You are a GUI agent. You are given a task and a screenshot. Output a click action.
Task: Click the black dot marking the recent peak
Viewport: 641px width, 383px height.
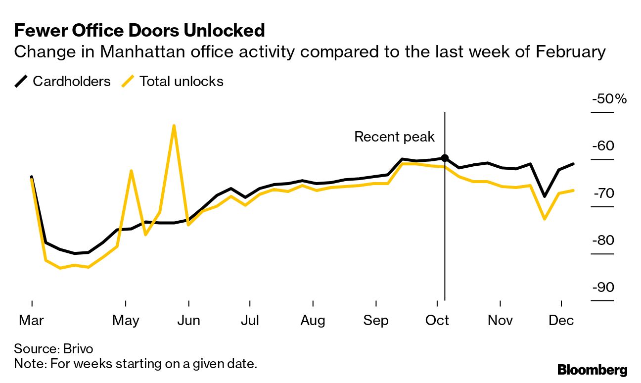point(445,158)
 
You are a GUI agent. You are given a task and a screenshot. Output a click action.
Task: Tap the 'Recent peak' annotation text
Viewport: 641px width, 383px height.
point(394,137)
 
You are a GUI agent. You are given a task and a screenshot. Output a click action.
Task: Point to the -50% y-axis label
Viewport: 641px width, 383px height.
point(609,99)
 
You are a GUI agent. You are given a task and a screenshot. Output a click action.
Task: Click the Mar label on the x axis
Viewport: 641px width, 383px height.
point(31,321)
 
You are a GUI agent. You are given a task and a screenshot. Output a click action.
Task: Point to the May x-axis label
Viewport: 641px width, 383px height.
point(126,321)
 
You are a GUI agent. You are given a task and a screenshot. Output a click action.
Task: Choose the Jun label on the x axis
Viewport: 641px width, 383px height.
point(188,321)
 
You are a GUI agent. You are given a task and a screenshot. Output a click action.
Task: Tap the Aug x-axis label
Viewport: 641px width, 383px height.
point(313,321)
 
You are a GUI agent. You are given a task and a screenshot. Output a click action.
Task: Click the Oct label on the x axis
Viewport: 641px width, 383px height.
point(437,321)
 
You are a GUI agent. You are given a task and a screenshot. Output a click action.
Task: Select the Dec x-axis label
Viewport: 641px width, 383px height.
point(561,321)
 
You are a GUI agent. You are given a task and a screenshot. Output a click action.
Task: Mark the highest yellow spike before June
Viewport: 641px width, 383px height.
point(174,126)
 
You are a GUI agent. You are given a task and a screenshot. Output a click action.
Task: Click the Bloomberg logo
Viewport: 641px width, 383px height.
point(592,370)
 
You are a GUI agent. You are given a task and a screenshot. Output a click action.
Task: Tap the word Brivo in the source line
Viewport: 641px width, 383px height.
point(78,348)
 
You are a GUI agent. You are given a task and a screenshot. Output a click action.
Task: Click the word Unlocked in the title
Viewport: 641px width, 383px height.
point(224,31)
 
